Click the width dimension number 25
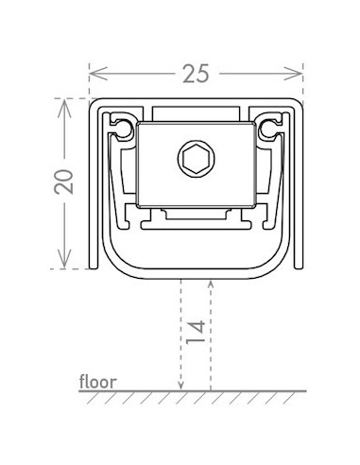(196, 74)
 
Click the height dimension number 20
(63, 181)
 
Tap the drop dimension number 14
(196, 333)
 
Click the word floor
(98, 382)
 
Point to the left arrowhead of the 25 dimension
(98, 74)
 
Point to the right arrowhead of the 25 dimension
(293, 74)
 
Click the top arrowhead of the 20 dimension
(64, 108)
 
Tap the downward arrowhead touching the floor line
(180, 385)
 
